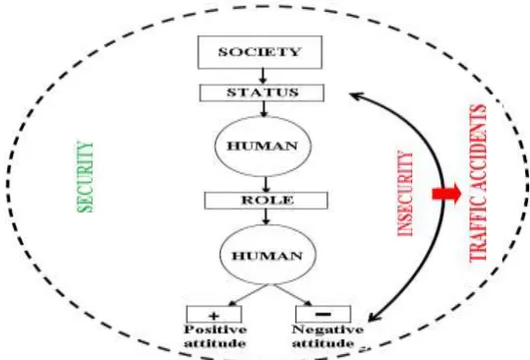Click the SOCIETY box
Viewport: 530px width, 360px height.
[260, 52]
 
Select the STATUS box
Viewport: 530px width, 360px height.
[262, 93]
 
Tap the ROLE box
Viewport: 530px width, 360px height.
[266, 201]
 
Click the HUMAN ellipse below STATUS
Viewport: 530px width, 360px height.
[263, 146]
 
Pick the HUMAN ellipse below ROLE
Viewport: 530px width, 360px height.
[268, 255]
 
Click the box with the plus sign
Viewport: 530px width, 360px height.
[214, 315]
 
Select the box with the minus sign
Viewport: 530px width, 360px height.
[324, 315]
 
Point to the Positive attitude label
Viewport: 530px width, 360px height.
[215, 336]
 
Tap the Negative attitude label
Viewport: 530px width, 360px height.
[327, 336]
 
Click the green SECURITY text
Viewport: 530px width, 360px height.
[86, 177]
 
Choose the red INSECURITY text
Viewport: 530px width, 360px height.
[405, 194]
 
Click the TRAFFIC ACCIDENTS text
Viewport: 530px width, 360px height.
[478, 183]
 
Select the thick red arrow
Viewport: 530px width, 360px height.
[446, 194]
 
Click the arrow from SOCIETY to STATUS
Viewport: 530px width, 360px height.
[263, 77]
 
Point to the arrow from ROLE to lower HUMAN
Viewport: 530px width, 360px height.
[266, 217]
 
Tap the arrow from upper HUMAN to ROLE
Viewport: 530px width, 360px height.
[266, 184]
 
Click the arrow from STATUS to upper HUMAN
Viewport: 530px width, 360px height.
[264, 109]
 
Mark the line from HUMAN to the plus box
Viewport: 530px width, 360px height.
[249, 295]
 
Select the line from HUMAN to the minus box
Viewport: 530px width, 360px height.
[292, 295]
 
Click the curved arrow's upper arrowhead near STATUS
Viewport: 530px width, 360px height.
[356, 96]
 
